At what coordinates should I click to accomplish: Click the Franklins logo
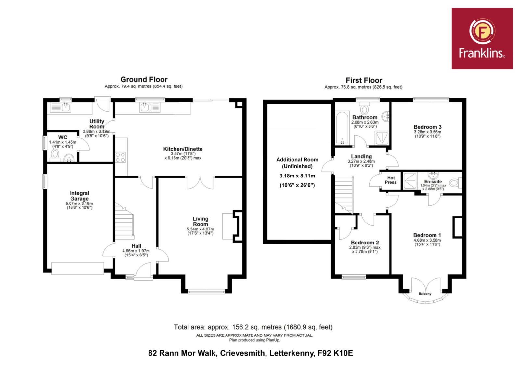pyautogui.click(x=482, y=39)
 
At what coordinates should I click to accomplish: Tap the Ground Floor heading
pyautogui.click(x=144, y=80)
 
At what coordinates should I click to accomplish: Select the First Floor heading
pyautogui.click(x=364, y=80)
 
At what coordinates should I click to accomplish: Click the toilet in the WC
pyautogui.click(x=55, y=155)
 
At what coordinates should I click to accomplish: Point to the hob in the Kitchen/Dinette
pyautogui.click(x=121, y=157)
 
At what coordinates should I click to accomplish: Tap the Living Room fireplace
pyautogui.click(x=237, y=226)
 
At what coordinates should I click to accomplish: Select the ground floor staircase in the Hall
pyautogui.click(x=124, y=221)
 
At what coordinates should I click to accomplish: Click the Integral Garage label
pyautogui.click(x=79, y=196)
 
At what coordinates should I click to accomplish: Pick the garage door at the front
pyautogui.click(x=78, y=269)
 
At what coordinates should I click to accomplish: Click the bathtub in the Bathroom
pyautogui.click(x=342, y=127)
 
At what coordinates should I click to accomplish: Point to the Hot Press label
pyautogui.click(x=391, y=180)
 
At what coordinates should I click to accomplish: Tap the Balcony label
pyautogui.click(x=425, y=294)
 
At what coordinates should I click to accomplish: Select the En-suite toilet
pyautogui.click(x=455, y=183)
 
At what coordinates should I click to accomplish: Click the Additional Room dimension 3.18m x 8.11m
pyautogui.click(x=297, y=176)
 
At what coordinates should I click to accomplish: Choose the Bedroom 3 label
pyautogui.click(x=428, y=127)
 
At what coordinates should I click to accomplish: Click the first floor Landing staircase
pyautogui.click(x=344, y=195)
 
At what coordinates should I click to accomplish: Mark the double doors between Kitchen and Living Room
pyautogui.click(x=200, y=182)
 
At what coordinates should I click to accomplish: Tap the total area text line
pyautogui.click(x=253, y=327)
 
